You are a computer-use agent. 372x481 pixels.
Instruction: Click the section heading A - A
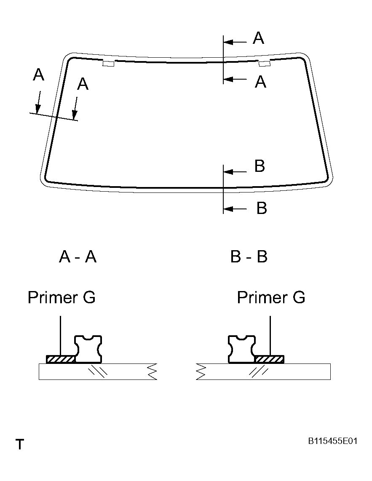pos(78,257)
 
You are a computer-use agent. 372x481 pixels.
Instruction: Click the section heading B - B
pos(249,257)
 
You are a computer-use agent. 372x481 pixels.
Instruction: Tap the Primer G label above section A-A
pos(62,297)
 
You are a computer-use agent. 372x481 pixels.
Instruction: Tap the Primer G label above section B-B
pos(271,297)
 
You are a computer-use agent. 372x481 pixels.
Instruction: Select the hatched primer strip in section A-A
pos(60,359)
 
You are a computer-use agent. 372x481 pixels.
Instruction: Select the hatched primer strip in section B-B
pos(270,359)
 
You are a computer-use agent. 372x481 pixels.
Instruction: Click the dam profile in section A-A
pos(88,349)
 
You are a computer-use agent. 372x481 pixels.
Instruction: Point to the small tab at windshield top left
pos(108,64)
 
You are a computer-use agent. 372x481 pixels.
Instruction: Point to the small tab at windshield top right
pos(264,64)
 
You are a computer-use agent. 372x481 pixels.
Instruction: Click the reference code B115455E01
pos(332,441)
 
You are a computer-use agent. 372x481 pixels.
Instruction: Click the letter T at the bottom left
pos(20,444)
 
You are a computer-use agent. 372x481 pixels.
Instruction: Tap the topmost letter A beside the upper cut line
pos(258,38)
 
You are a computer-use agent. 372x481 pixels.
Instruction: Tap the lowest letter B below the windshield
pos(262,208)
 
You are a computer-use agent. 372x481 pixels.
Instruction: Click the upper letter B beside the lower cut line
pos(260,166)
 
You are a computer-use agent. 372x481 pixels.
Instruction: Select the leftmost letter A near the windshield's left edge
pos(38,75)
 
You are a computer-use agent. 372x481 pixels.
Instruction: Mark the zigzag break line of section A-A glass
pos(152,371)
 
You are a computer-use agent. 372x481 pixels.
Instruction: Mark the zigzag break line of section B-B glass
pos(201,371)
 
